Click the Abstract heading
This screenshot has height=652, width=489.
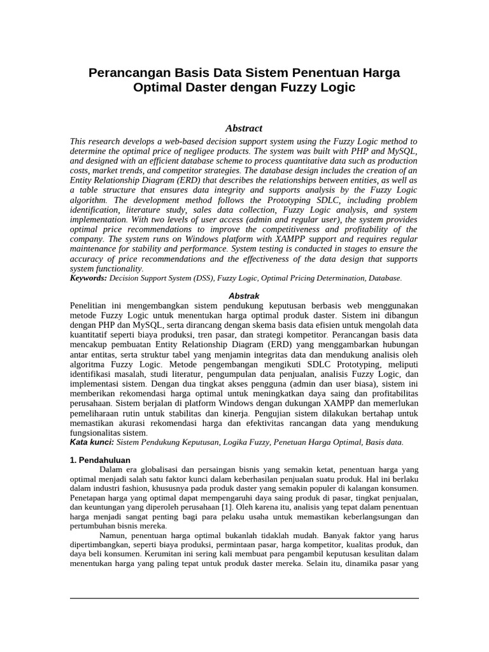click(244, 128)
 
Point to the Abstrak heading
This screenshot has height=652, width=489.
click(244, 296)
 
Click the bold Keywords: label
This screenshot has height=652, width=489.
click(89, 278)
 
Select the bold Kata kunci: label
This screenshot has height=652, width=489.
click(92, 442)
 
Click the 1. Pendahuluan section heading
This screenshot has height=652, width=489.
click(99, 460)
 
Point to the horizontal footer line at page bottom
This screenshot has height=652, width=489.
click(244, 598)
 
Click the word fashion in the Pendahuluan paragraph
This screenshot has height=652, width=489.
click(141, 488)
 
